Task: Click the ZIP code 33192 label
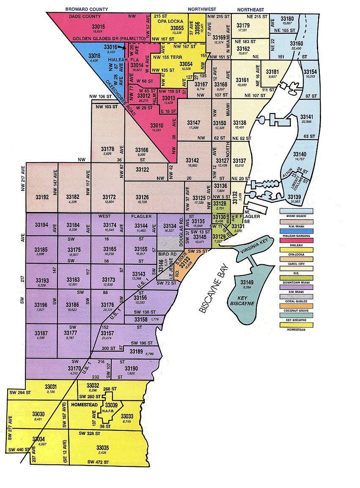[42, 197]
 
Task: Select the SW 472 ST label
[99, 461]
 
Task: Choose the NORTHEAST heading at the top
[250, 9]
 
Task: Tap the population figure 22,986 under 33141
[306, 122]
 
